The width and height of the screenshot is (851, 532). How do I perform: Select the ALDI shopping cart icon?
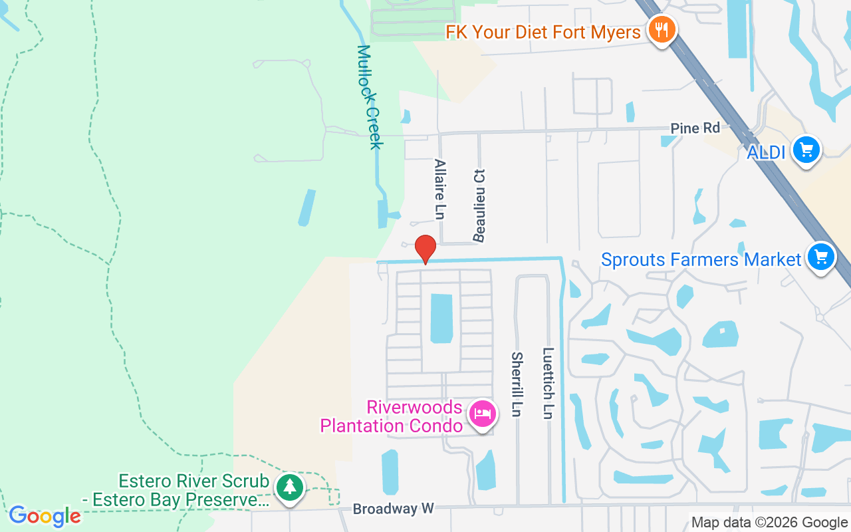point(807,150)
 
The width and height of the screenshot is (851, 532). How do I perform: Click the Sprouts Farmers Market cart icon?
point(821,256)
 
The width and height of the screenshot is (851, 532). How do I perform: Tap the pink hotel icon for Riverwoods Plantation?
point(482,413)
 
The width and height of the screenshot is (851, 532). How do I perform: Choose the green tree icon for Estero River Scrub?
point(289,487)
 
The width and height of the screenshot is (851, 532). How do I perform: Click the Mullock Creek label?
point(370,96)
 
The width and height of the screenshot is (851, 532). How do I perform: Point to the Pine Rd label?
point(695,128)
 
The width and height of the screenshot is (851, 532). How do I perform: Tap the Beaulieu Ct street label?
point(479,205)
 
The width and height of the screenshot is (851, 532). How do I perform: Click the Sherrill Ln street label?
point(517,384)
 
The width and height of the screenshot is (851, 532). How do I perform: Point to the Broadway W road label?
point(393,509)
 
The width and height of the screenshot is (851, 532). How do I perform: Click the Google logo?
point(45,516)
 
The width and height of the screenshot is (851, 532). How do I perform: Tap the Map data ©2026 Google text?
point(769,523)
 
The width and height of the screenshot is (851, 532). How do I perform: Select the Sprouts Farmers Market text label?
point(701,259)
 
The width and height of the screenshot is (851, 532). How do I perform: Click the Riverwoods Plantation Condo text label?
point(391,416)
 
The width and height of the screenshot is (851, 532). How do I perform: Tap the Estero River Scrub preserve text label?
point(193,490)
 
